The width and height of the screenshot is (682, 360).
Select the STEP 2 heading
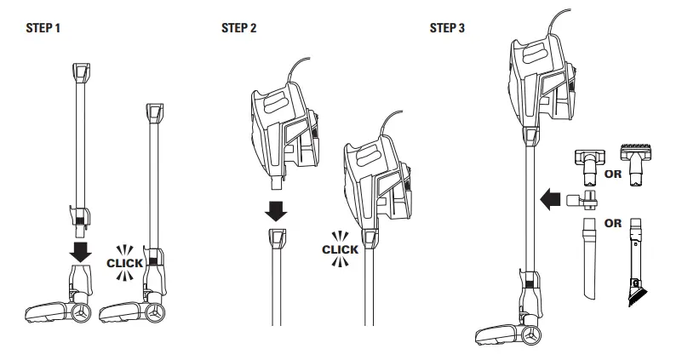tap(238, 28)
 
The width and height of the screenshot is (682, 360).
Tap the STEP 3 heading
tap(448, 28)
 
